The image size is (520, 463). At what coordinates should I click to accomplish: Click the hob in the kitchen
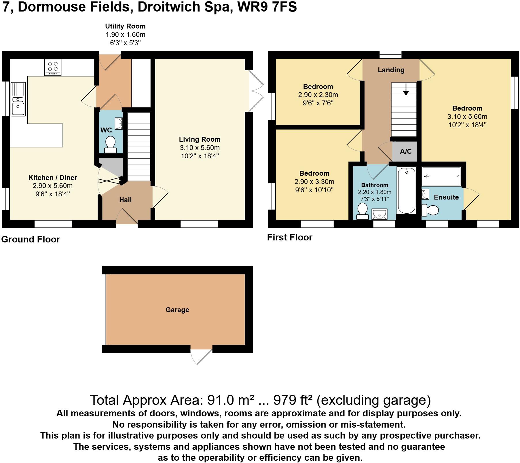[53, 67]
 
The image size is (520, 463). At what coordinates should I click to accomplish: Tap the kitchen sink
[18, 99]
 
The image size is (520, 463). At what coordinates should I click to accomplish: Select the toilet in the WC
[110, 144]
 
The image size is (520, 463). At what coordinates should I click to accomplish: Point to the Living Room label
[200, 139]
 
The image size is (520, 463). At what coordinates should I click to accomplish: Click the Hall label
[125, 200]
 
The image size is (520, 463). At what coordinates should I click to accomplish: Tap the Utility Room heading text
[125, 26]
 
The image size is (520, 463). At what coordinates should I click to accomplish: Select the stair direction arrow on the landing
[406, 90]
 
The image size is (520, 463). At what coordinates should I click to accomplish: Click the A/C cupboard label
[406, 151]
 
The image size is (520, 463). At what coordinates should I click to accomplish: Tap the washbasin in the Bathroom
[379, 214]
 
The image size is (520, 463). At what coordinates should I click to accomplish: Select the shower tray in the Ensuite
[441, 176]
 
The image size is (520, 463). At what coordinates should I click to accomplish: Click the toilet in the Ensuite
[430, 210]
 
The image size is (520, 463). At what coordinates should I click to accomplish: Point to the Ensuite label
[446, 197]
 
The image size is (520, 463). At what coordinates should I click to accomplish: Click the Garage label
[177, 310]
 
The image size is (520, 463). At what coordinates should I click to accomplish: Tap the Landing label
[391, 70]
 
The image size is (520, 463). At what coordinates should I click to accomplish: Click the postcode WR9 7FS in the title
[267, 7]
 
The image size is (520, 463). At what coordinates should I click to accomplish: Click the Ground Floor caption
[31, 239]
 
